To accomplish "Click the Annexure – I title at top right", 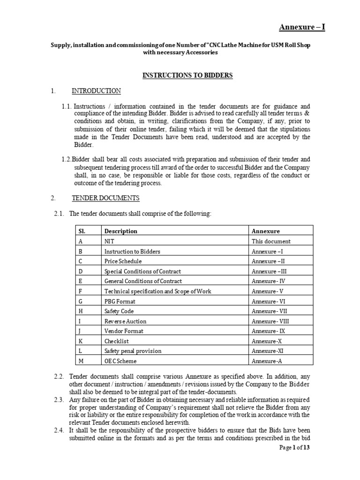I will coord(302,27).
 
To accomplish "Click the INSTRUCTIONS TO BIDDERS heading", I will coord(187,75).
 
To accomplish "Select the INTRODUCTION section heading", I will coord(96,91).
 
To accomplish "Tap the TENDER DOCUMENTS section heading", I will coord(105,198).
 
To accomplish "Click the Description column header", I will coord(121,231).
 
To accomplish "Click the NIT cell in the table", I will coord(109,241).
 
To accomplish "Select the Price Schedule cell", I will coord(123,261).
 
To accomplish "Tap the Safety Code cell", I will coord(119,311).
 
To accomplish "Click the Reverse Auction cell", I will coord(125,321).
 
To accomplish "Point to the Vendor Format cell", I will coord(124,331).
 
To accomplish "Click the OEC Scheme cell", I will coord(120,361).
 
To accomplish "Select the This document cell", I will coord(271,241).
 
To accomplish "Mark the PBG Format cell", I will coord(120,301).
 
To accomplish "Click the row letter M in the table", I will coord(81,361).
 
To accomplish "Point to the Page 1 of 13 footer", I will coord(294,448).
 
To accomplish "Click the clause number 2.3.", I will coord(59,400).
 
